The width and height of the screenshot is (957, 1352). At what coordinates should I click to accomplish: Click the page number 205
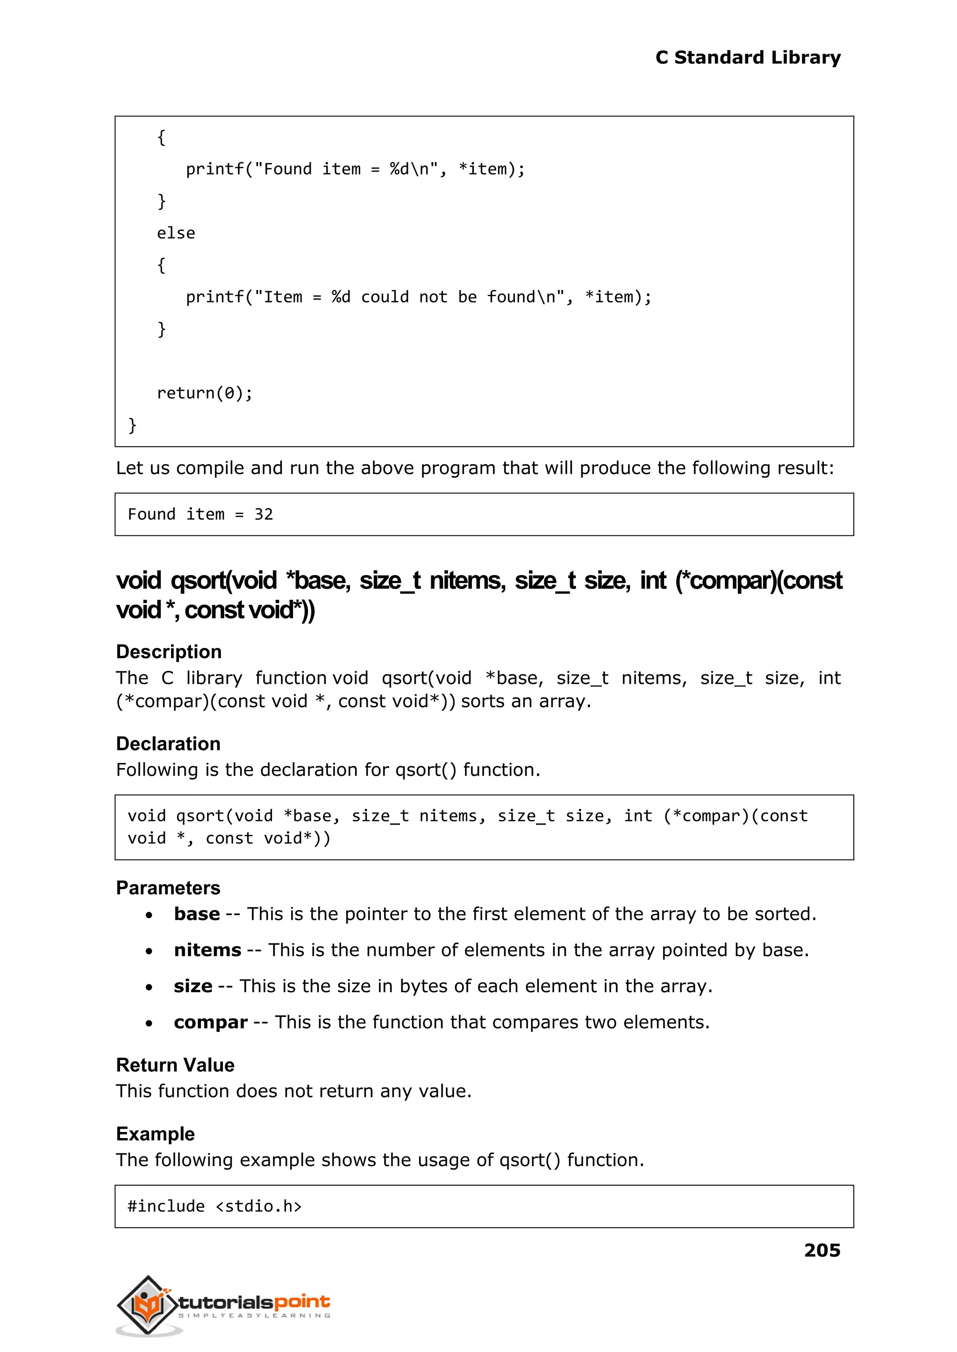tap(821, 1250)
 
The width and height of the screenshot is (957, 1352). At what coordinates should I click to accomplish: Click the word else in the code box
tap(176, 233)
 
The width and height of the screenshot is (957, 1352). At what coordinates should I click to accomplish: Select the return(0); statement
tap(205, 393)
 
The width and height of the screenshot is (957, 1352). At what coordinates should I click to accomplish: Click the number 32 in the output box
tap(264, 514)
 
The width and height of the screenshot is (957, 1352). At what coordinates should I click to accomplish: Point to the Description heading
tap(169, 652)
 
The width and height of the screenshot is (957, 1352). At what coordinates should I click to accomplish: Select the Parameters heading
tap(168, 888)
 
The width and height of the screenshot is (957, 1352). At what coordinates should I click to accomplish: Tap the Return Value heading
tap(175, 1065)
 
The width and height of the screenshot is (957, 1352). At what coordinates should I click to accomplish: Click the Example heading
tap(155, 1134)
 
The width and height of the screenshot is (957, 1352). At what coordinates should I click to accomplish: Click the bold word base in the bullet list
tap(197, 914)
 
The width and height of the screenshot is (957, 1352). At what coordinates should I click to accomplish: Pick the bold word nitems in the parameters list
tap(207, 950)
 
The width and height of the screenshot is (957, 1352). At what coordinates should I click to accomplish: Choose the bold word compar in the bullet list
tap(210, 1022)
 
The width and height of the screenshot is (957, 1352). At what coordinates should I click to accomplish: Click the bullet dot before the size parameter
tap(149, 987)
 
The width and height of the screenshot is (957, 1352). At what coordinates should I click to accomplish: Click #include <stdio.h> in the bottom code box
tap(214, 1207)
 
